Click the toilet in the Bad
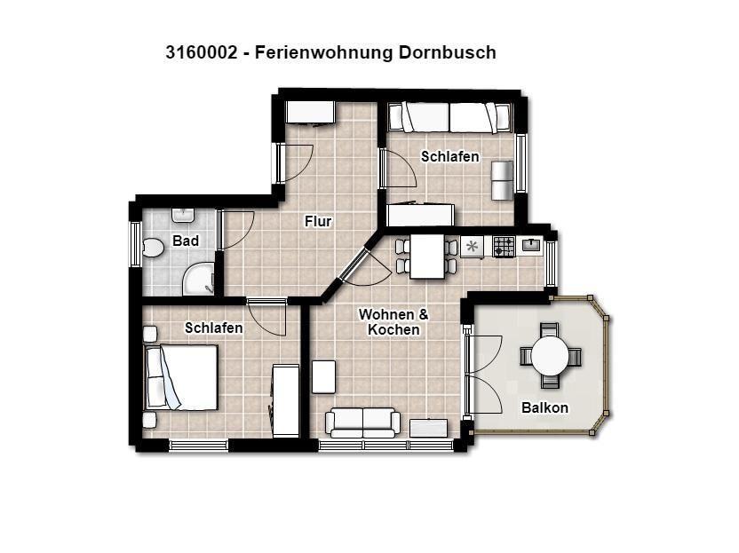[153, 248]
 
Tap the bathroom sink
[182, 216]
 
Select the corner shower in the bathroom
[198, 279]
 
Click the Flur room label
[318, 221]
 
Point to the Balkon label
[544, 407]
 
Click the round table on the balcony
[551, 355]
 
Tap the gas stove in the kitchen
[504, 247]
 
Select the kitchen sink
[531, 245]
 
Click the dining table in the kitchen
[427, 257]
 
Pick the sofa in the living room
[363, 423]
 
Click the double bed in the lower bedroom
[181, 377]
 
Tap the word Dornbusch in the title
[448, 52]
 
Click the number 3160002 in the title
[202, 52]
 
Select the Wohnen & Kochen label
[393, 321]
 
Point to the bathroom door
[235, 229]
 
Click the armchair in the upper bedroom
[502, 180]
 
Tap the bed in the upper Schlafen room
[449, 118]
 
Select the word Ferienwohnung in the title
[323, 52]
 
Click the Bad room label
[186, 241]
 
